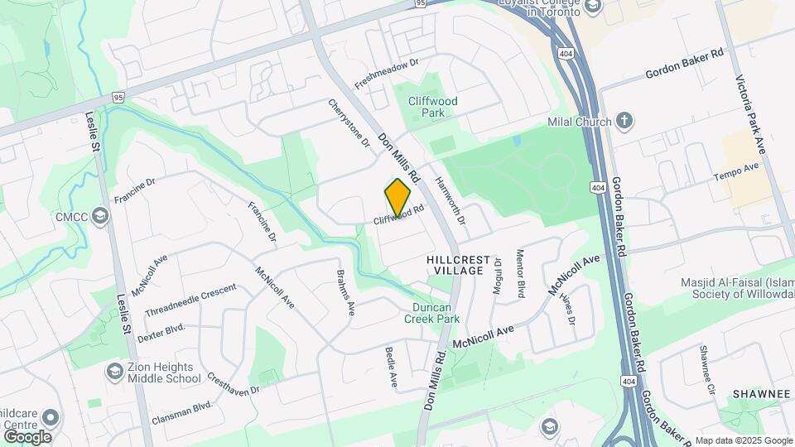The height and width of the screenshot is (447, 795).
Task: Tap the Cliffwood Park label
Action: [433, 107]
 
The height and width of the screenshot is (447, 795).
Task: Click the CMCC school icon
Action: [100, 217]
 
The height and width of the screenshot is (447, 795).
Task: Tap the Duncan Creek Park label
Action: [436, 312]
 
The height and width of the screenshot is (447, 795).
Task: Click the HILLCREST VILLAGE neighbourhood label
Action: [458, 265]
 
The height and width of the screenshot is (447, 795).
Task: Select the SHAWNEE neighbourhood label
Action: [762, 393]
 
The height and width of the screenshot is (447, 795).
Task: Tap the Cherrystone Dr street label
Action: [349, 123]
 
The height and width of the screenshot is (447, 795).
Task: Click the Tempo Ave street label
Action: [736, 168]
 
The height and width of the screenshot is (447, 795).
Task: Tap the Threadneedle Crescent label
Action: [190, 300]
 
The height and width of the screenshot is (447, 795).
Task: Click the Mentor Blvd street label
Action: [521, 276]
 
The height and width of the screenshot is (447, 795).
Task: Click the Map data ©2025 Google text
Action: [743, 440]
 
